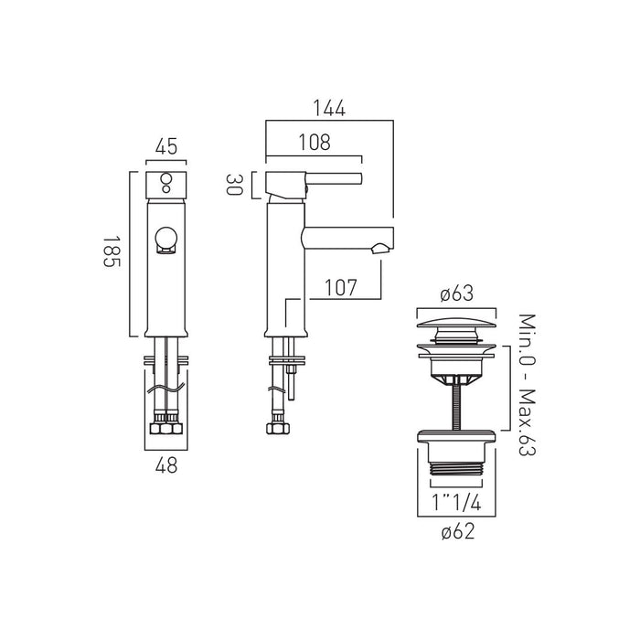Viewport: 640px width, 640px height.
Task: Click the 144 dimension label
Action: coord(329,108)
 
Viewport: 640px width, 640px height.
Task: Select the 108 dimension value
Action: coord(315,143)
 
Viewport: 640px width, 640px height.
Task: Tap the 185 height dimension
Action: coord(112,251)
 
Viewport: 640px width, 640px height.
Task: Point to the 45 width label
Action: coord(166,146)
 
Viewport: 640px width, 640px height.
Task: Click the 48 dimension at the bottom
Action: coord(166,464)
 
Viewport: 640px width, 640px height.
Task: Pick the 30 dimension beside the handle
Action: coord(235,185)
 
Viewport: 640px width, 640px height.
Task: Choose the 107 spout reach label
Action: coord(340,287)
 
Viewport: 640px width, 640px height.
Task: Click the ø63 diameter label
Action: coord(457,293)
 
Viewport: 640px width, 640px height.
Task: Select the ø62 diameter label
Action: coord(458,531)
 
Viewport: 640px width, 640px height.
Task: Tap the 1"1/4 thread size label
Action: coord(457,502)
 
